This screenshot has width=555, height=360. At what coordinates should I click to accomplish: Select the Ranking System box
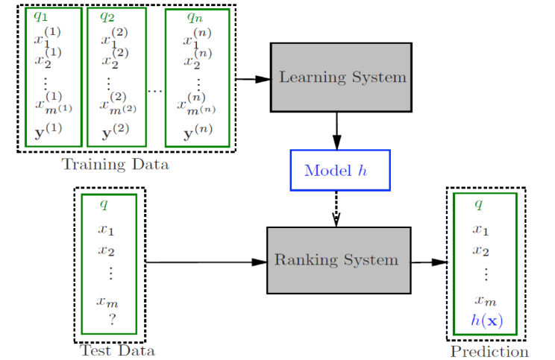point(339,260)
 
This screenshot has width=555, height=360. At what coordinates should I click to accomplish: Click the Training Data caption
point(115,164)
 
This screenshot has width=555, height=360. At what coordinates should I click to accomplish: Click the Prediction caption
point(489,351)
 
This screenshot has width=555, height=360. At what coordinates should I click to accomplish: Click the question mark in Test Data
point(112,319)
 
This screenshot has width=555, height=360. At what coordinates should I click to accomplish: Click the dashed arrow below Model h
point(337,209)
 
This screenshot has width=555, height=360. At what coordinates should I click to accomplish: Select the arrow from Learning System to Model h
point(337,130)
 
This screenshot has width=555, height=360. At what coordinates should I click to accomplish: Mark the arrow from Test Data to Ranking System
point(205,262)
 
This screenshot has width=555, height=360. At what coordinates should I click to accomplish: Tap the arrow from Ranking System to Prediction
point(430,262)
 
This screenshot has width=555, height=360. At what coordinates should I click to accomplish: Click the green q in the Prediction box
point(479,203)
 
